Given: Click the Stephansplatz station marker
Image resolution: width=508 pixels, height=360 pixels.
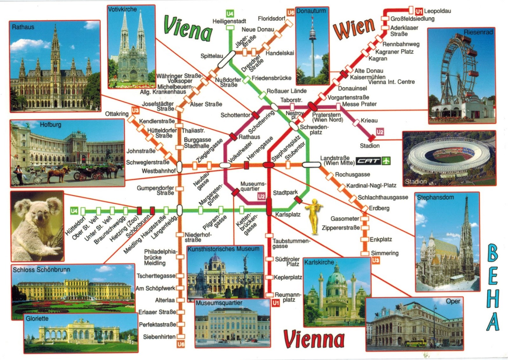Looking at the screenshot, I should tap(269, 165).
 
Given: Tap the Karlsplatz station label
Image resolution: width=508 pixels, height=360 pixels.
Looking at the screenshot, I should tap(288, 214).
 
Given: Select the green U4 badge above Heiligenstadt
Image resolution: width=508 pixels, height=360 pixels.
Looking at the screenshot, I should tap(230, 14).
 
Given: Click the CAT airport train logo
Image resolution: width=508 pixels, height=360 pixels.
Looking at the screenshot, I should tap(368, 161).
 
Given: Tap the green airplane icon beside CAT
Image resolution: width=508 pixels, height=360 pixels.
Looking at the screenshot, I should tap(386, 161).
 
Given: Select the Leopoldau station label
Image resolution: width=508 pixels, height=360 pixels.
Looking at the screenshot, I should tap(437, 11).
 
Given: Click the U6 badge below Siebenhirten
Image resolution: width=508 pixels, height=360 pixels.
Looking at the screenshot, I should tap(181, 344).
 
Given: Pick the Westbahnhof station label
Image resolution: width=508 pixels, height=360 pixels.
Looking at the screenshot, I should tap(158, 171).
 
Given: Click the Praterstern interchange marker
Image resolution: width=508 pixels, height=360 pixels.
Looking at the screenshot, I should tap(312, 106).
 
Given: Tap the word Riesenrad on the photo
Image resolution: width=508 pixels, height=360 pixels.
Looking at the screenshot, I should tap(478, 32).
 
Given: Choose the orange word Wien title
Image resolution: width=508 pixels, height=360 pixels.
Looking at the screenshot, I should tap(354, 28).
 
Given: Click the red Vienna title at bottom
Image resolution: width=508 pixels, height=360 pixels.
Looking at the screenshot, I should tap(314, 339).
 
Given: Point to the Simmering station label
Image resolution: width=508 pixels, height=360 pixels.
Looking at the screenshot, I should tap(384, 253).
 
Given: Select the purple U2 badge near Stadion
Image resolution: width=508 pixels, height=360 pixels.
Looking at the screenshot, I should tap(380, 132).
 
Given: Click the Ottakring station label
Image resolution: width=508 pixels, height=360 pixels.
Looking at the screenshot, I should tap(117, 114).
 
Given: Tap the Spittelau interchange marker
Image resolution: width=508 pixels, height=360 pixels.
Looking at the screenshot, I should tap(227, 59).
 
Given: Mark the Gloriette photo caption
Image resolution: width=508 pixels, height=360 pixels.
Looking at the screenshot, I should tap(37, 318).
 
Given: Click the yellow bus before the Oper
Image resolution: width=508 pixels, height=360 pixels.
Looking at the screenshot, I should tap(415, 343).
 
